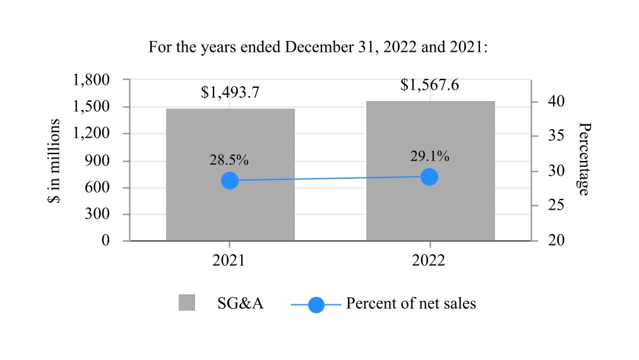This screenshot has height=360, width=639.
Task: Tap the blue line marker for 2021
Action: coord(230,181)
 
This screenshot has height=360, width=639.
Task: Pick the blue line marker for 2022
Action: coord(429,177)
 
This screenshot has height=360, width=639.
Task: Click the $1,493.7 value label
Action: coord(230,93)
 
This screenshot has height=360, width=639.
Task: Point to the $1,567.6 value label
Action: coord(429,85)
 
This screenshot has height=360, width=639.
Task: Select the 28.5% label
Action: coord(229,160)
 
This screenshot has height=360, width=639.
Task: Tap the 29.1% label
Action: coord(429,156)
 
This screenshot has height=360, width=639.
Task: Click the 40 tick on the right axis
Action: coord(547,102)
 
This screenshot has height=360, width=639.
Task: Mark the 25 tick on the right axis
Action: coord(547,206)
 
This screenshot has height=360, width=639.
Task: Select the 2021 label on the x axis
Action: coord(230,261)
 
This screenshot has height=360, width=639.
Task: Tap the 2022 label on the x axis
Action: coord(430,261)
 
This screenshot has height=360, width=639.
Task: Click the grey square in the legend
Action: coord(187,303)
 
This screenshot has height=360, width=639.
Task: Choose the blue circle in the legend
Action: coord(316,305)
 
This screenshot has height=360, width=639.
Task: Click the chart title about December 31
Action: coord(318,47)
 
